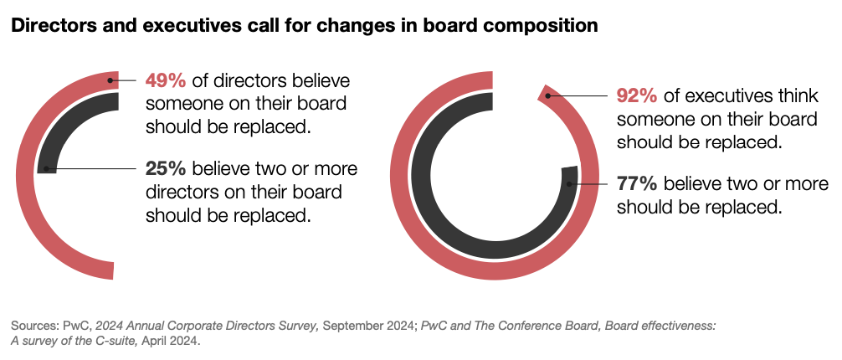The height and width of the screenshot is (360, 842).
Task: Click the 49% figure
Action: pos(167,81)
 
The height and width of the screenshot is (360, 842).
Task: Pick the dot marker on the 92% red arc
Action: pos(547,96)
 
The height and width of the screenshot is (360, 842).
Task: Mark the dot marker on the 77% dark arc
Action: pos(570,183)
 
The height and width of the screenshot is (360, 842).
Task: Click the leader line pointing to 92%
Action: pos(578,96)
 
